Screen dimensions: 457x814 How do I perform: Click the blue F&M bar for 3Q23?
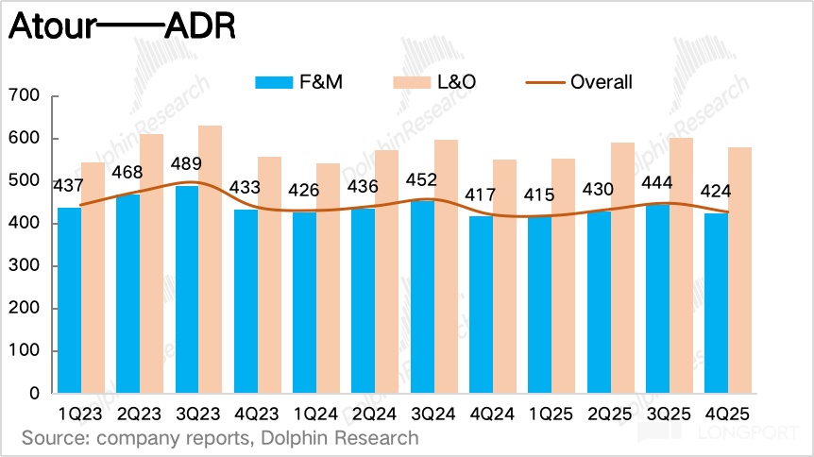pos(187,289)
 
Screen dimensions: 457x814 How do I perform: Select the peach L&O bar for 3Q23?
pos(210,259)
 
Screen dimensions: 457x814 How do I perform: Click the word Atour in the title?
pos(53,27)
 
